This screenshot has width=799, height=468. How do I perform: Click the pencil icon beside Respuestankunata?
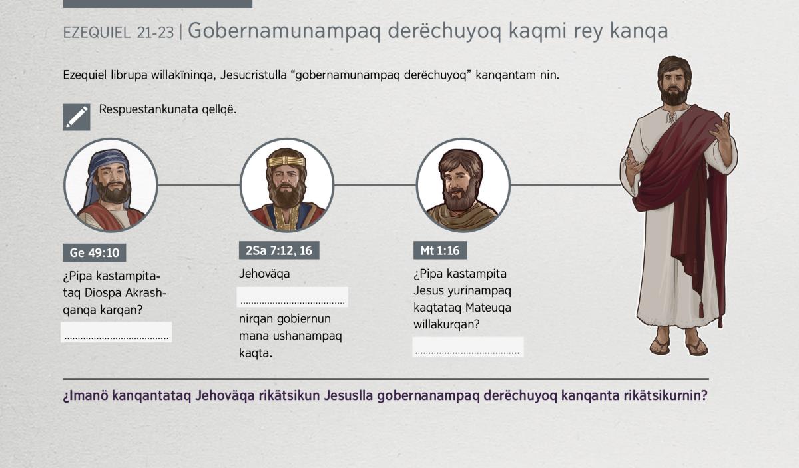(x=77, y=117)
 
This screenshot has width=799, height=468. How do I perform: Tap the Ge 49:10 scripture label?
(x=94, y=252)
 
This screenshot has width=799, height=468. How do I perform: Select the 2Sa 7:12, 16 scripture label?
(x=279, y=250)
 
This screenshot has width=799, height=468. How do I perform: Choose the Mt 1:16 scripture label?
(x=440, y=250)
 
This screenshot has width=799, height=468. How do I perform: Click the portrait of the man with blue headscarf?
(x=111, y=185)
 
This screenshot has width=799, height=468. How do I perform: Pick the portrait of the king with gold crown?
(x=287, y=185)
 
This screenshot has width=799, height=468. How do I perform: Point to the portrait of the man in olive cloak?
(x=463, y=185)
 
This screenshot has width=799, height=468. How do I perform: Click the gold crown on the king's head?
(x=286, y=161)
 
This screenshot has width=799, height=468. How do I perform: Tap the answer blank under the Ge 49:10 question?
(x=117, y=332)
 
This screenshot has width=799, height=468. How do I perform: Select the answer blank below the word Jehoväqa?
(x=292, y=297)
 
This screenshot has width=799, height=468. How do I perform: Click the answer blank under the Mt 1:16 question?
(x=468, y=347)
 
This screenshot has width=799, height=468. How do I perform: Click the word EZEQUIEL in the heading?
(x=97, y=33)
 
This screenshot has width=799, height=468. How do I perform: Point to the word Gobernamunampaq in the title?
(x=284, y=31)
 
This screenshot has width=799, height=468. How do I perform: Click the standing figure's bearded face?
(x=673, y=84)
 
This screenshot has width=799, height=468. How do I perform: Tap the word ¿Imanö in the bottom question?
(x=85, y=395)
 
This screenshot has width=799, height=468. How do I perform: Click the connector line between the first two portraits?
(x=198, y=185)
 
